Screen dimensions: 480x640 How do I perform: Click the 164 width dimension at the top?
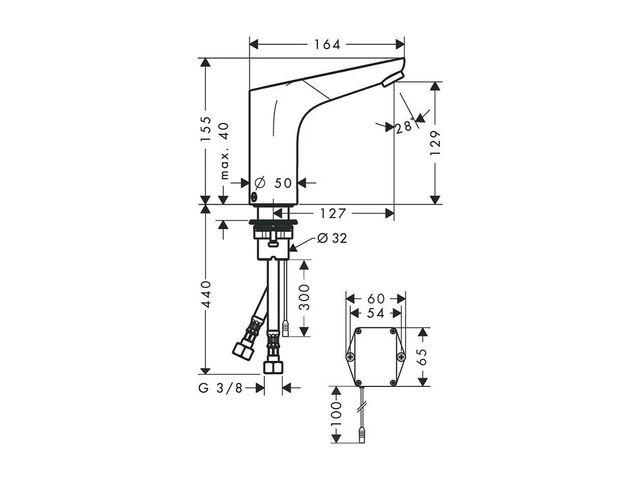[x=327, y=45]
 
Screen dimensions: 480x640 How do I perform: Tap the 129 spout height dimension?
[x=435, y=144]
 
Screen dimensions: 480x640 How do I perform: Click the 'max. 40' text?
[x=224, y=151]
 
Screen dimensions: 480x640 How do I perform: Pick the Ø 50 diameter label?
[x=274, y=183]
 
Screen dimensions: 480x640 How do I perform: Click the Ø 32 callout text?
[x=332, y=238]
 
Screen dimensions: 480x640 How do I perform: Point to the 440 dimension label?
[x=206, y=294]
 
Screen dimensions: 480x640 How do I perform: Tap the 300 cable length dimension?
[x=304, y=297]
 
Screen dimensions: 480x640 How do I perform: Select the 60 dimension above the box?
[x=376, y=299]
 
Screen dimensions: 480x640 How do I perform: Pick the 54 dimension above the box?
[x=375, y=313]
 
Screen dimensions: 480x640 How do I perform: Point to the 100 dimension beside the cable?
[x=335, y=414]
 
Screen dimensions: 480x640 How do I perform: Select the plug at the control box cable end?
[x=362, y=435]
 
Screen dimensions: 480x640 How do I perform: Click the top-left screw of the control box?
[x=359, y=331]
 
